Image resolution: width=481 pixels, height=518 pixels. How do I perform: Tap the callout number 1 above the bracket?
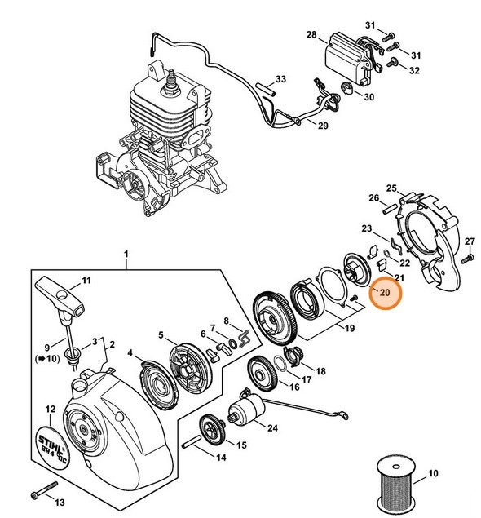(126, 256)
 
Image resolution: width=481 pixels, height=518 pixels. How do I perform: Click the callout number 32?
(415, 71)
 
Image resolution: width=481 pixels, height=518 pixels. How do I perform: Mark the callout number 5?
(161, 334)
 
